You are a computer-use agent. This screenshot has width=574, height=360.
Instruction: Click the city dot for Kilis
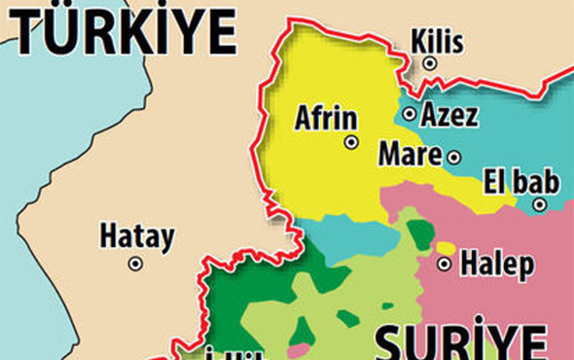click(x=429, y=63)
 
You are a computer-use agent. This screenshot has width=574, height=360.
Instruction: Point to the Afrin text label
click(x=326, y=121)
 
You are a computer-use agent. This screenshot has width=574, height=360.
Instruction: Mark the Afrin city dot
click(x=350, y=142)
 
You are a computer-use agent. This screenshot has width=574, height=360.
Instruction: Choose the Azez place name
click(x=448, y=116)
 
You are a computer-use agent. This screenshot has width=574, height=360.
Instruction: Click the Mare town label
click(x=410, y=154)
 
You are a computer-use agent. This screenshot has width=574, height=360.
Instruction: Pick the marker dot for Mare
click(x=453, y=156)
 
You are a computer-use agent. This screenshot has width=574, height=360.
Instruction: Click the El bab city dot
click(x=539, y=204)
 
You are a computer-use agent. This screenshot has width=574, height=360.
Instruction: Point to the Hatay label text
click(x=137, y=236)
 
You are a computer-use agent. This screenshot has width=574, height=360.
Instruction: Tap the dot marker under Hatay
click(x=135, y=263)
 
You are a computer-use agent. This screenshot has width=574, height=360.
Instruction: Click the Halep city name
click(x=496, y=263)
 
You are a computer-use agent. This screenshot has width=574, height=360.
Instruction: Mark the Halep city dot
click(x=445, y=264)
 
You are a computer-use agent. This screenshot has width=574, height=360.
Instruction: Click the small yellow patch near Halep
click(x=445, y=248)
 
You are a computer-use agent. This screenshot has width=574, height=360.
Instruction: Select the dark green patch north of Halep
click(x=420, y=234)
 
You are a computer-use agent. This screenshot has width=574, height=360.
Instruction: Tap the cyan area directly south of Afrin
click(x=350, y=239)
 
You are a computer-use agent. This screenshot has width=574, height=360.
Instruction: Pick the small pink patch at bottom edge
click(x=299, y=349)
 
